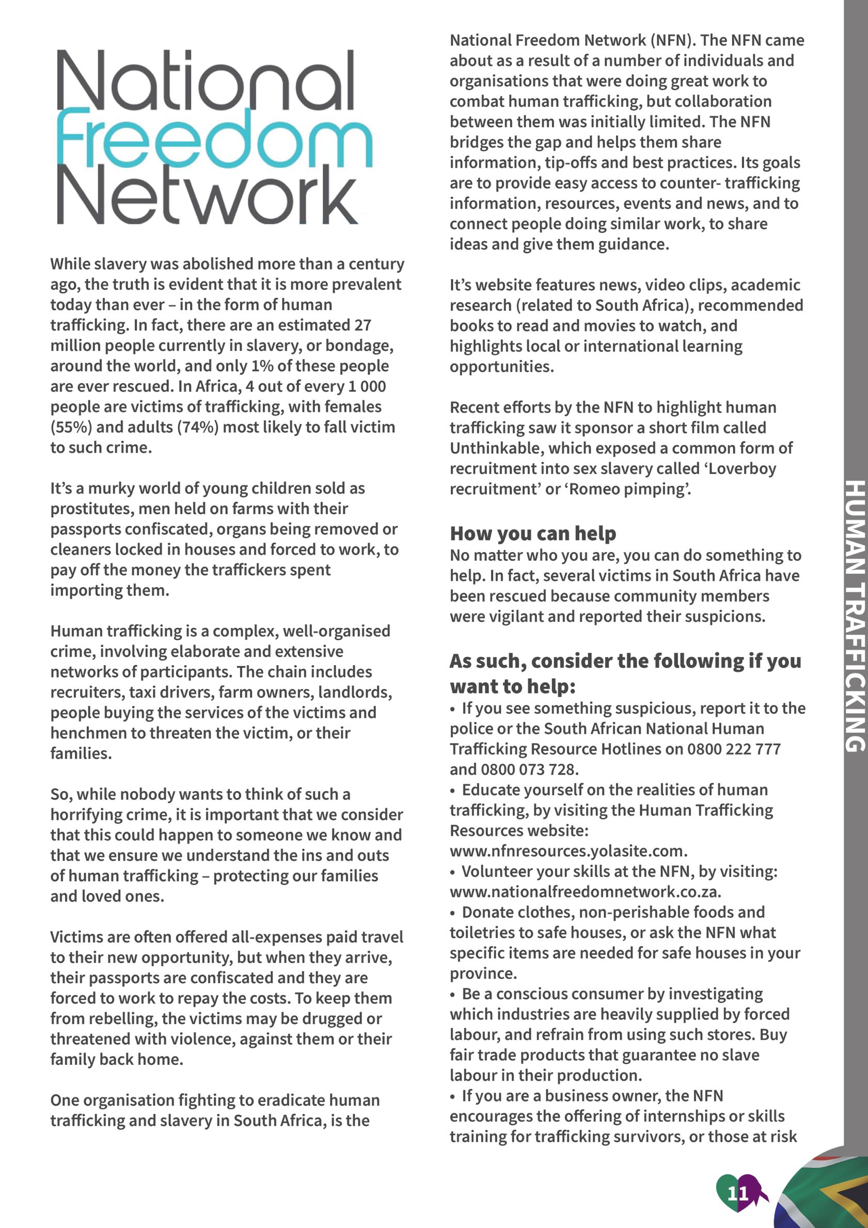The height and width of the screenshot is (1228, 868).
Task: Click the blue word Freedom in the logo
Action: pos(214,137)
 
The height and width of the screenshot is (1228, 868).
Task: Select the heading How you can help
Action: pos(533,533)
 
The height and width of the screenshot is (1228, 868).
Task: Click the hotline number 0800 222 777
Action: pos(734,749)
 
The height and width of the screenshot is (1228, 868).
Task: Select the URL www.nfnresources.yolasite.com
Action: pos(569,851)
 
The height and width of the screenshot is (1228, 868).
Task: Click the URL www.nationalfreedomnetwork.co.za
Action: pos(585,892)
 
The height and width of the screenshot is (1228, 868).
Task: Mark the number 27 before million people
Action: pos(363,325)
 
